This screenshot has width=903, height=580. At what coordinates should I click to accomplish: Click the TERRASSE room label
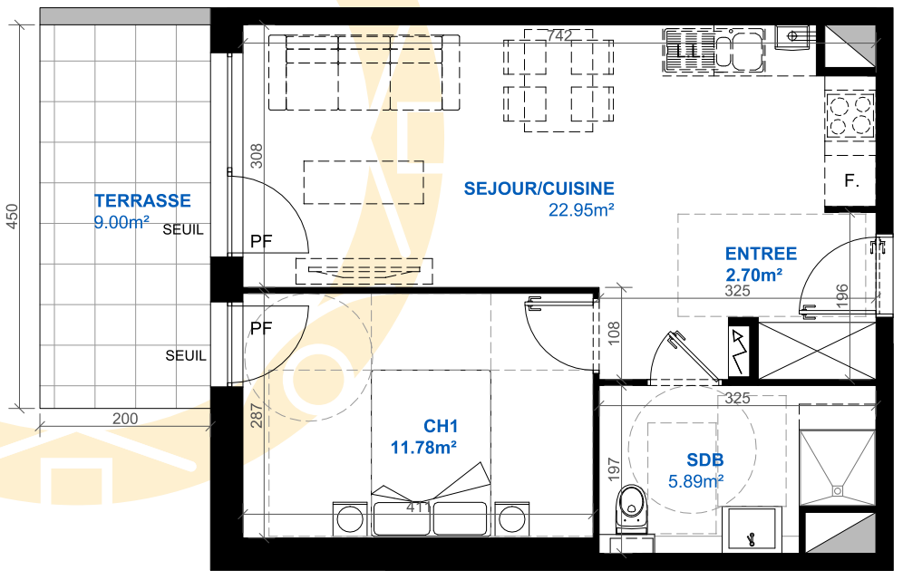point(142,201)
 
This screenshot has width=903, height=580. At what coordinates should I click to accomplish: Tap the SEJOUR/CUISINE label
point(539,188)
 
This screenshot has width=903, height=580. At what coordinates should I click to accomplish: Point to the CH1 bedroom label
point(441,426)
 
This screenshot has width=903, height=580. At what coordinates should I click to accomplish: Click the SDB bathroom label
point(704,459)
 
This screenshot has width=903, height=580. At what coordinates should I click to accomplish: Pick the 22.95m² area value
point(581,210)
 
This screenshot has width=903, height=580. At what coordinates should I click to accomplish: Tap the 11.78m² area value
point(424,447)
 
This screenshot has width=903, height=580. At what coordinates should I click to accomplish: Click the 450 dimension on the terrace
point(12,217)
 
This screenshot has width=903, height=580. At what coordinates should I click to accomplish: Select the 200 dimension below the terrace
point(125,419)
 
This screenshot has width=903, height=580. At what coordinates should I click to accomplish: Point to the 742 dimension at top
point(559,35)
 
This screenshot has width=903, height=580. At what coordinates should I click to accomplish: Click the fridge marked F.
point(850,181)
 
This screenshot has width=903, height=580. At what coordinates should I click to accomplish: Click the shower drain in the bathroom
point(837,491)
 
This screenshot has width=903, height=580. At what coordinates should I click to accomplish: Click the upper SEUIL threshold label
point(183,229)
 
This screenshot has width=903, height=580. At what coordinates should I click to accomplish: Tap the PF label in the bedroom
point(261,329)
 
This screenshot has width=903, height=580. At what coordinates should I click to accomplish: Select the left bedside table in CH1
point(350,519)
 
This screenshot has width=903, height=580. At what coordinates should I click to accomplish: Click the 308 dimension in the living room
point(257,156)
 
